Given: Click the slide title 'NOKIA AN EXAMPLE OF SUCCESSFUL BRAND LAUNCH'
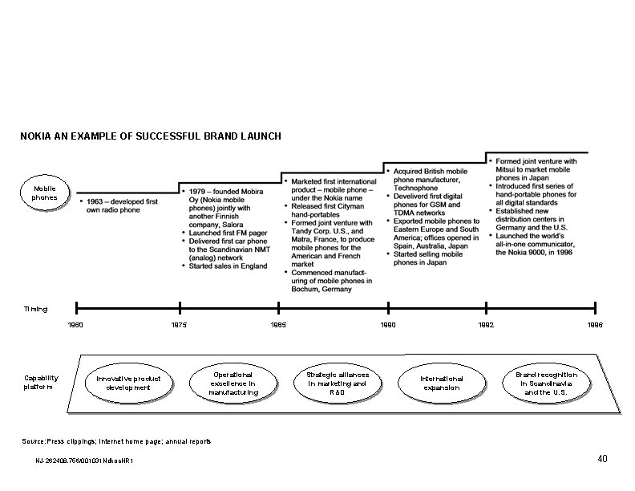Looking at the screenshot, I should (x=151, y=136).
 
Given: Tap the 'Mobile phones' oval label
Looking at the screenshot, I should (x=45, y=193).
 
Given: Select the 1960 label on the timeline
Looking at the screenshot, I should (x=76, y=325).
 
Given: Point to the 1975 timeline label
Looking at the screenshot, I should (x=180, y=325).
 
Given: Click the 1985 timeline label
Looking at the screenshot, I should (x=278, y=325).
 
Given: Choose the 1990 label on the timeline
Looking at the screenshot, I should (x=388, y=325).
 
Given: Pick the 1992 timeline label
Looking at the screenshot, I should (x=486, y=325).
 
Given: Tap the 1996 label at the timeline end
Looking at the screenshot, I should (x=595, y=325).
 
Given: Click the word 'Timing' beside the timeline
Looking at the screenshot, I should (x=35, y=309).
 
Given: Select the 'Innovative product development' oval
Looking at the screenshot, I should (x=128, y=383).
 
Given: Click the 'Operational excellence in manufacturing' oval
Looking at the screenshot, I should (x=233, y=383).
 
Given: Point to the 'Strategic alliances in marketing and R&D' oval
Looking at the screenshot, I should (x=338, y=383).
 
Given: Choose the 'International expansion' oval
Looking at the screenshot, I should (x=442, y=383).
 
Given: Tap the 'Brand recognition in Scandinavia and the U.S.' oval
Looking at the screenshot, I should (x=546, y=383).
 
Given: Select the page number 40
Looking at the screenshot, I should (x=602, y=459).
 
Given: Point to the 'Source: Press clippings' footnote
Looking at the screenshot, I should (x=118, y=442).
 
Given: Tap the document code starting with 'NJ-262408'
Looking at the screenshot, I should (x=84, y=461).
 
